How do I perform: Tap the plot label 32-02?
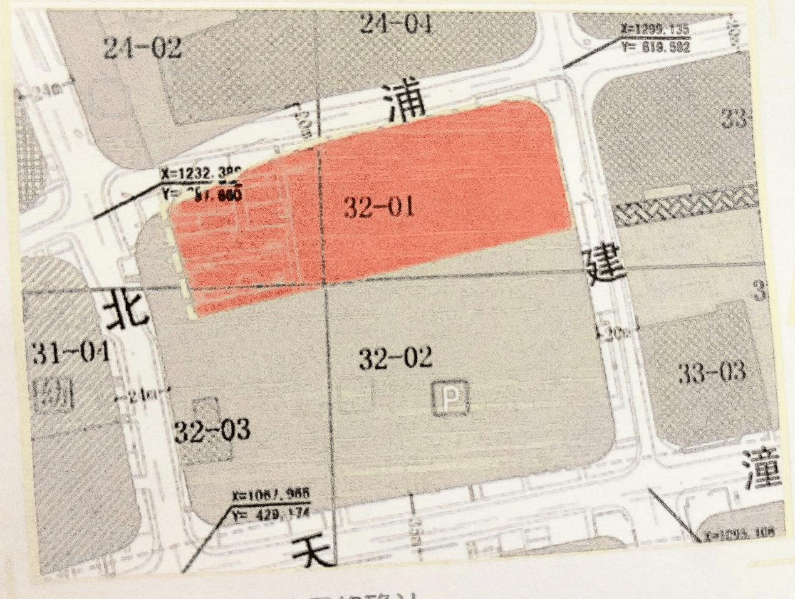click(395, 358)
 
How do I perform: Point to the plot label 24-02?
click(143, 48)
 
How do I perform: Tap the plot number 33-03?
click(712, 373)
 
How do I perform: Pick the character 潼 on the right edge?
click(762, 471)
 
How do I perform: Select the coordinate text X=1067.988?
click(271, 494)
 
